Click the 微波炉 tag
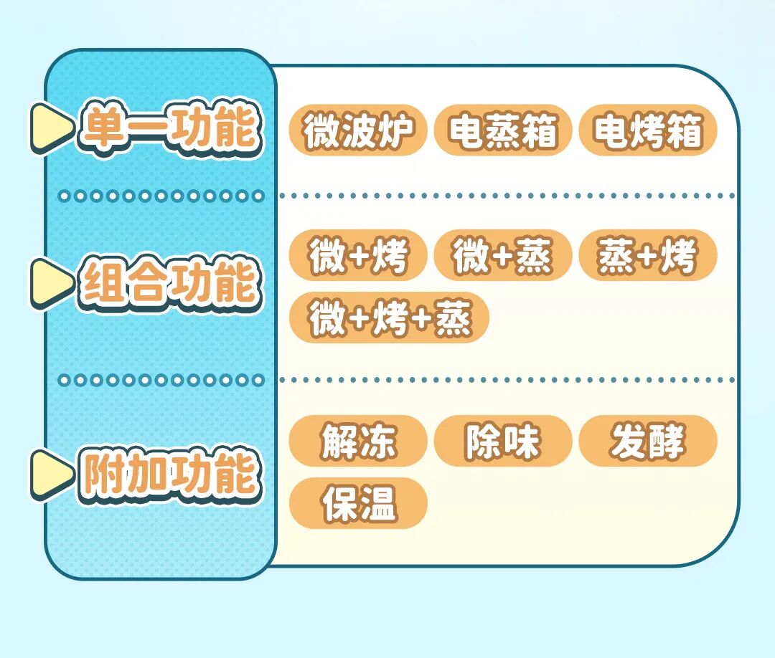[358, 130]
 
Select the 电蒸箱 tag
[502, 130]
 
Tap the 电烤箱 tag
[647, 130]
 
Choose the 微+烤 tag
[358, 255]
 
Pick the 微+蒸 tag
[502, 255]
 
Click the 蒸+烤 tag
[647, 255]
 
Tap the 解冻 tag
[358, 441]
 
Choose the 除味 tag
[502, 441]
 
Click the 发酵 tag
[647, 441]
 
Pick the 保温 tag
[358, 503]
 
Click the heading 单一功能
[169, 129]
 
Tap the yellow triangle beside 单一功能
[50, 128]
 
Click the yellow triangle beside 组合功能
[50, 282]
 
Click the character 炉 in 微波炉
[397, 130]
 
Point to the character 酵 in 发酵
[667, 441]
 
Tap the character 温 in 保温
[377, 503]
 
